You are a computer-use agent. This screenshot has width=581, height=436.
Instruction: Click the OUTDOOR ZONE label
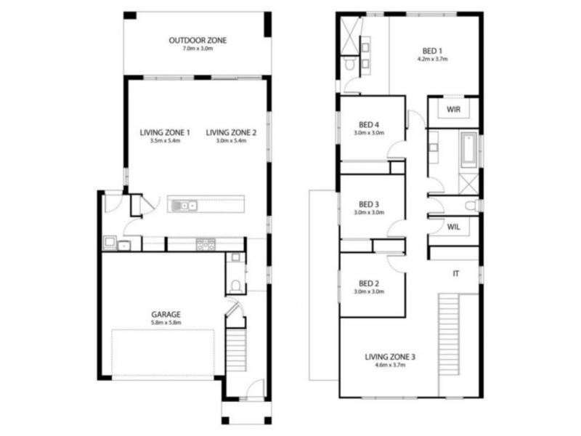[x=198, y=41]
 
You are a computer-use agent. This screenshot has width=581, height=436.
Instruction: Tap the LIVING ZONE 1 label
[x=165, y=132]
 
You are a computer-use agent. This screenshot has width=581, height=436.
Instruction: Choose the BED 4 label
[x=369, y=125]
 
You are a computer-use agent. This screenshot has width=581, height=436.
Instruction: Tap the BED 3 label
[x=369, y=203]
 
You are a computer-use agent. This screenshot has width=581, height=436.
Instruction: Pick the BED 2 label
[x=369, y=283]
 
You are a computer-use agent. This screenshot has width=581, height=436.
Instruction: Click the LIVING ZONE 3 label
[x=390, y=357]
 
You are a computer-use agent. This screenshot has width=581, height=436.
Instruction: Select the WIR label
[x=455, y=110]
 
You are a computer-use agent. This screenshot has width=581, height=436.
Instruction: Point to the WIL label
[x=454, y=227]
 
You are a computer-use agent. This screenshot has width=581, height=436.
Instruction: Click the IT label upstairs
[x=455, y=273]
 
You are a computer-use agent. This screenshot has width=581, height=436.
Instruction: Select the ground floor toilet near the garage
[x=235, y=284]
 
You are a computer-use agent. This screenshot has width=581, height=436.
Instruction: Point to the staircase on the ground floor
[x=235, y=350]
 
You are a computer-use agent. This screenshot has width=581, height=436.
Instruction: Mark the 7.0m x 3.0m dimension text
[x=198, y=49]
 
